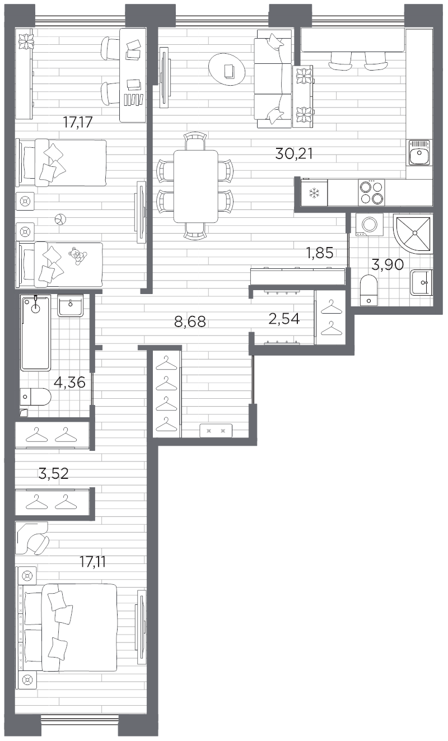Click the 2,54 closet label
coord(284,319)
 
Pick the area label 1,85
coord(319,253)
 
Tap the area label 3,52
coord(53,474)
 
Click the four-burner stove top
coord(371,192)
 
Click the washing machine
coord(370,223)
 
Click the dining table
coord(195,186)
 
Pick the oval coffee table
coord(227,70)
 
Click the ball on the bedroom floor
coord(59,220)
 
